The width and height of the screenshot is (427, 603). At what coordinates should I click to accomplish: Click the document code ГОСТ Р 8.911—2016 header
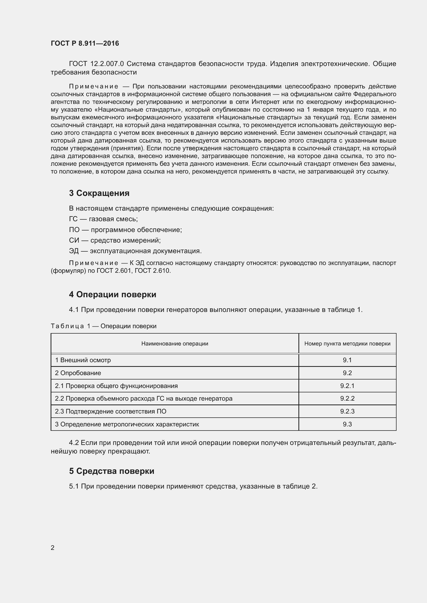[85, 43]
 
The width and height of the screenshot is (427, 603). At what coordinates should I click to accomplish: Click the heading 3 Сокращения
[99, 193]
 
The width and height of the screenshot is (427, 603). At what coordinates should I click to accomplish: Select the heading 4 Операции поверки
[113, 294]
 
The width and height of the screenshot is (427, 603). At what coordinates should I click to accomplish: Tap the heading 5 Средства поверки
[112, 471]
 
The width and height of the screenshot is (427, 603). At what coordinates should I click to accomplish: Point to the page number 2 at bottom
[52, 548]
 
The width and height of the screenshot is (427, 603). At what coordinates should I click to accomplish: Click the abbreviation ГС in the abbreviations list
[73, 219]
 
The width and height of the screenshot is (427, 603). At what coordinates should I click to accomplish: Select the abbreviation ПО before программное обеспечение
[74, 230]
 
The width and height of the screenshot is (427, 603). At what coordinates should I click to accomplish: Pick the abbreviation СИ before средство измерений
[74, 240]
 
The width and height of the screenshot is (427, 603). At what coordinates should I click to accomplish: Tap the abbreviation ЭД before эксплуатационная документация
[74, 251]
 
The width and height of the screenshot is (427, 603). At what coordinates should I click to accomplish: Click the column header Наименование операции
[175, 343]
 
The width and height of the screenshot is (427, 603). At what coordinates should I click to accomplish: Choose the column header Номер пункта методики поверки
[347, 343]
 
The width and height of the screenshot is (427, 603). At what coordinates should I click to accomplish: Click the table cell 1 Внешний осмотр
[83, 360]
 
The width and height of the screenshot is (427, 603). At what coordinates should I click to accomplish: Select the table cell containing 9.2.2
[347, 398]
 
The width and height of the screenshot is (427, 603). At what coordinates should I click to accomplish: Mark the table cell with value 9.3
[347, 424]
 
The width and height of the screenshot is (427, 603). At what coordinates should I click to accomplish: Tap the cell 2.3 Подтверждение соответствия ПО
[110, 411]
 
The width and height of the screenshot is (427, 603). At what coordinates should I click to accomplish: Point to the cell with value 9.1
[347, 360]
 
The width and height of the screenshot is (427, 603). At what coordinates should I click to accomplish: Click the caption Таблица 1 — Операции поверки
[103, 326]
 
